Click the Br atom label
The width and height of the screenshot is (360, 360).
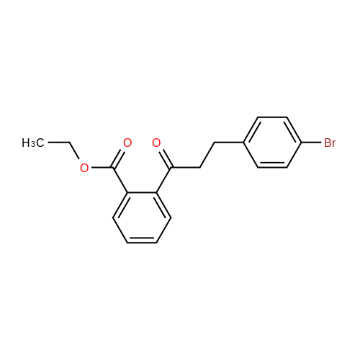click(x=330, y=143)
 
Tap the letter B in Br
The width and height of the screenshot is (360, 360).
click(x=327, y=143)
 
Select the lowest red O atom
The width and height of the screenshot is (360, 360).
click(x=84, y=168)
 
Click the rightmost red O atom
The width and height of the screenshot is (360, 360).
click(x=156, y=143)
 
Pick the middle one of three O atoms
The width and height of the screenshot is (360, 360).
click(x=127, y=143)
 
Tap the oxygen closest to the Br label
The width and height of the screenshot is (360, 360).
click(x=156, y=143)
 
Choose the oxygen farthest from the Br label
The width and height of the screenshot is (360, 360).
click(x=84, y=168)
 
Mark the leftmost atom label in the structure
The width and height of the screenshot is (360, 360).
click(x=84, y=168)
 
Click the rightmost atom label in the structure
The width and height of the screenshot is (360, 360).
click(x=330, y=143)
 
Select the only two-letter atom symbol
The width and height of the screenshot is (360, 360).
click(x=330, y=143)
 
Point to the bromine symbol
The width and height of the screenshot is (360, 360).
click(x=330, y=143)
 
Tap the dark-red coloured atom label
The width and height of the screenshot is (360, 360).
click(x=330, y=143)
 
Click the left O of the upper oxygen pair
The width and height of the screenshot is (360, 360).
click(x=127, y=143)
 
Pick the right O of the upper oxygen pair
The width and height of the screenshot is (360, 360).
click(x=156, y=143)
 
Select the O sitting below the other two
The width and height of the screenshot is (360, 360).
click(x=84, y=168)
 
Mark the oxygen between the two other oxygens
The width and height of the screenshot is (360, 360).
click(x=127, y=143)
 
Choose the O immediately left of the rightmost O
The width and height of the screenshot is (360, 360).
click(x=127, y=143)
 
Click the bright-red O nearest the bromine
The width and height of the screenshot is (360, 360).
click(x=156, y=143)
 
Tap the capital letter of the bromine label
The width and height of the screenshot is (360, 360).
click(x=327, y=143)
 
